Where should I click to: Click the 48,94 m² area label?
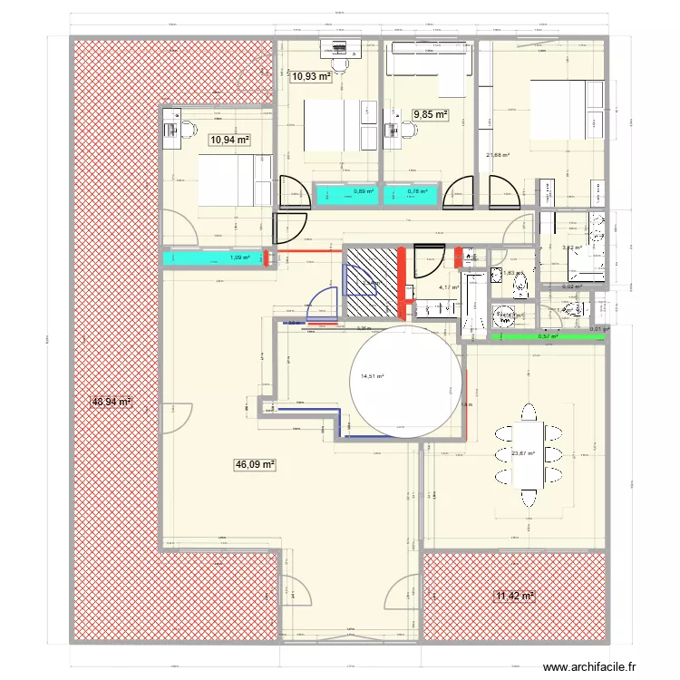click(112, 401)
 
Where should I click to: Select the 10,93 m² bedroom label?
click(310, 78)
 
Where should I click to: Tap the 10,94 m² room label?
click(229, 140)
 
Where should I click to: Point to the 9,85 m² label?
click(431, 114)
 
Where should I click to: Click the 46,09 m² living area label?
click(255, 464)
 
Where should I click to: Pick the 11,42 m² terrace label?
click(514, 596)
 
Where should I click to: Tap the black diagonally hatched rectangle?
click(373, 282)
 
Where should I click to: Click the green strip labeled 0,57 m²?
click(547, 336)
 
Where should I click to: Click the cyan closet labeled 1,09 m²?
click(214, 258)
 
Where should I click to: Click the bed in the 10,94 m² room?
click(234, 180)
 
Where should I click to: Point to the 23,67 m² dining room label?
click(523, 454)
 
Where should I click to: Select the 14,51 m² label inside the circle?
click(373, 376)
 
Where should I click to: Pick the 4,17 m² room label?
click(449, 288)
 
